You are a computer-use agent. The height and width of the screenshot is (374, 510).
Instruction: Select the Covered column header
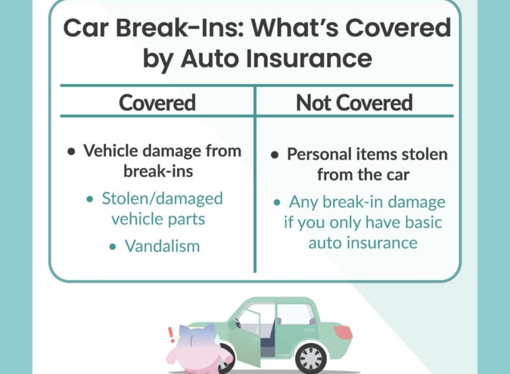pos(157,103)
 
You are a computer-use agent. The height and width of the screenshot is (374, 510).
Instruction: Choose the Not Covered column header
pos(354,103)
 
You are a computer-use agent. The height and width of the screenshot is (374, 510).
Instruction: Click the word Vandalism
pos(162,246)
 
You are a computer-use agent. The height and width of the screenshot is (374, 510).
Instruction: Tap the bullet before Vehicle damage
pos(71,151)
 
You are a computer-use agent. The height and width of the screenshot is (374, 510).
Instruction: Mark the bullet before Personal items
pos(275,155)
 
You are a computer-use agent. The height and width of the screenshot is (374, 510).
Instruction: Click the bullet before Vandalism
pos(113,246)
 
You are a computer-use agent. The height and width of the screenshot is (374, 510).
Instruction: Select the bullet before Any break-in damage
pos(277,203)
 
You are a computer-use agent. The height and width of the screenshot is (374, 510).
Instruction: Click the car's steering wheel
pos(238,324)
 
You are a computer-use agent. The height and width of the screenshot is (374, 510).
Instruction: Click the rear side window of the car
pos(294,315)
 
